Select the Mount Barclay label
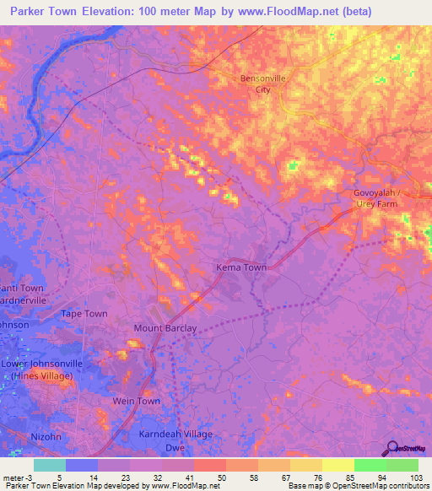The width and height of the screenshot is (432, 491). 165,328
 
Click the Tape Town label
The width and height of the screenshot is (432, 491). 84,314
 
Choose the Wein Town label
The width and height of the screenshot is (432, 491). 136,401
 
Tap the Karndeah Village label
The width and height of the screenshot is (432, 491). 175,434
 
